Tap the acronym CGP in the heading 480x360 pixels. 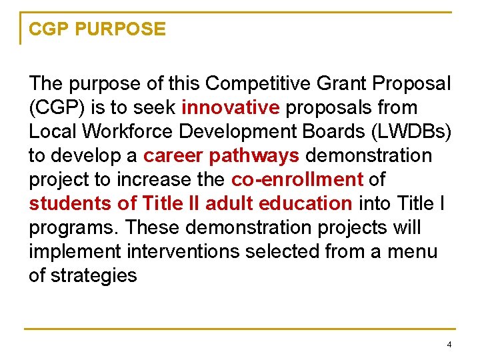(x=50, y=29)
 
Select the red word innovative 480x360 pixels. (x=230, y=108)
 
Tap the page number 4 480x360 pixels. (x=449, y=345)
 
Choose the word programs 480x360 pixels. (x=74, y=228)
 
